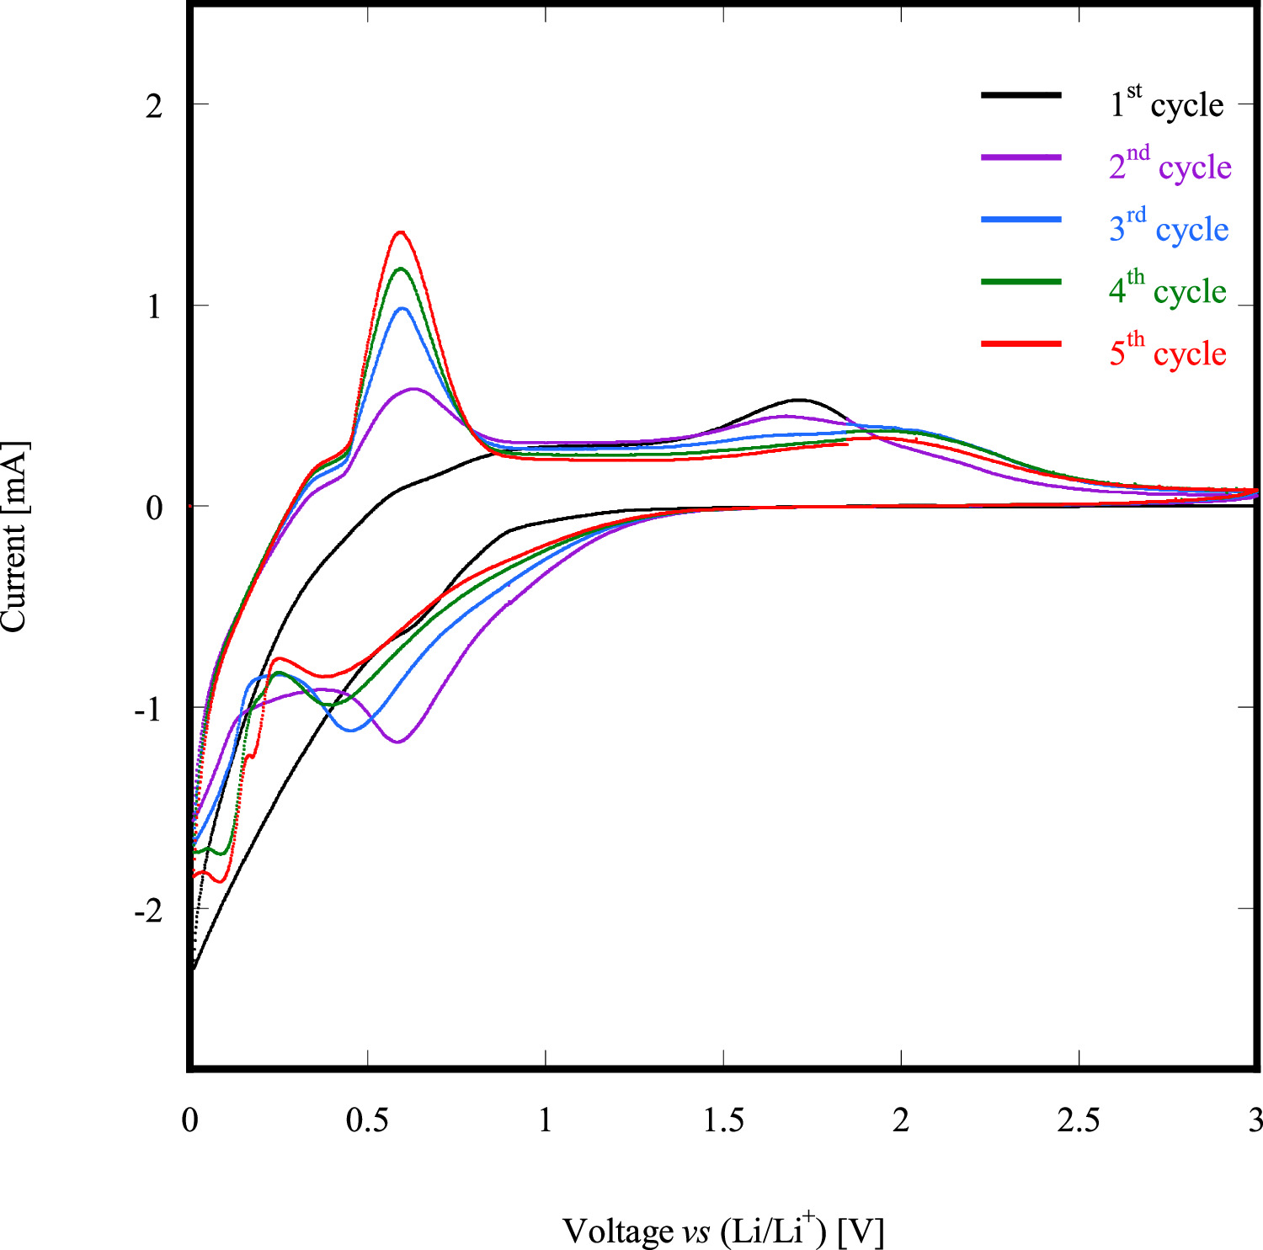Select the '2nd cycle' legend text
pyautogui.click(x=1170, y=166)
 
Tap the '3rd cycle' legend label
pyautogui.click(x=1169, y=228)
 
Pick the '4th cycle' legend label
pyautogui.click(x=1167, y=290)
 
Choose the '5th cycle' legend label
pyautogui.click(x=1167, y=353)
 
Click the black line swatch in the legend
pyautogui.click(x=1021, y=95)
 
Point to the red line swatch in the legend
pyautogui.click(x=1021, y=343)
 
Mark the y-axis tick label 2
pyautogui.click(x=153, y=106)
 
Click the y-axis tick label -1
pyautogui.click(x=147, y=710)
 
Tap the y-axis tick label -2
pyautogui.click(x=147, y=911)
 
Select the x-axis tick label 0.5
pyautogui.click(x=368, y=1120)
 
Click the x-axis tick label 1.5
pyautogui.click(x=723, y=1120)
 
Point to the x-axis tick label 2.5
pyautogui.click(x=1079, y=1120)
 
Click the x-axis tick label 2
pyautogui.click(x=901, y=1120)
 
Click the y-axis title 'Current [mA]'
pyautogui.click(x=14, y=536)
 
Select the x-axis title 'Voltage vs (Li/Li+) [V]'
pyautogui.click(x=723, y=1230)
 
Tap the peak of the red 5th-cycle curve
pyautogui.click(x=401, y=231)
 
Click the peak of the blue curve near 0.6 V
pyautogui.click(x=402, y=308)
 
